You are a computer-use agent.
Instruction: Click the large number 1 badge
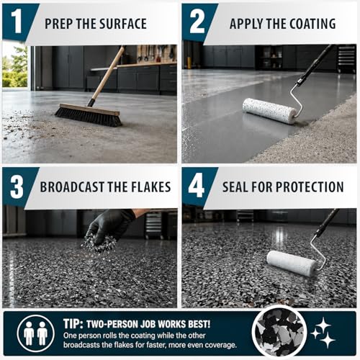17,22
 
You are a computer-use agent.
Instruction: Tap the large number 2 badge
197,22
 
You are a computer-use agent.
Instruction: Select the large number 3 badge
17,186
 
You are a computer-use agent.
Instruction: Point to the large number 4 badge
197,186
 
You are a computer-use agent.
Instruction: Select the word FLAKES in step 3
150,186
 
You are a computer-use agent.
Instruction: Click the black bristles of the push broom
88,117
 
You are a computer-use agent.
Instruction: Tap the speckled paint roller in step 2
269,111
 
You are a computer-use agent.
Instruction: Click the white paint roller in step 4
292,264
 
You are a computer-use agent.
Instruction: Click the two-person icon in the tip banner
35,333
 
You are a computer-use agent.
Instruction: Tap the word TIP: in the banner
73,324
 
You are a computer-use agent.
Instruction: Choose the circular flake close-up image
279,333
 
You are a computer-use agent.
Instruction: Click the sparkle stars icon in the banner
323,333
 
